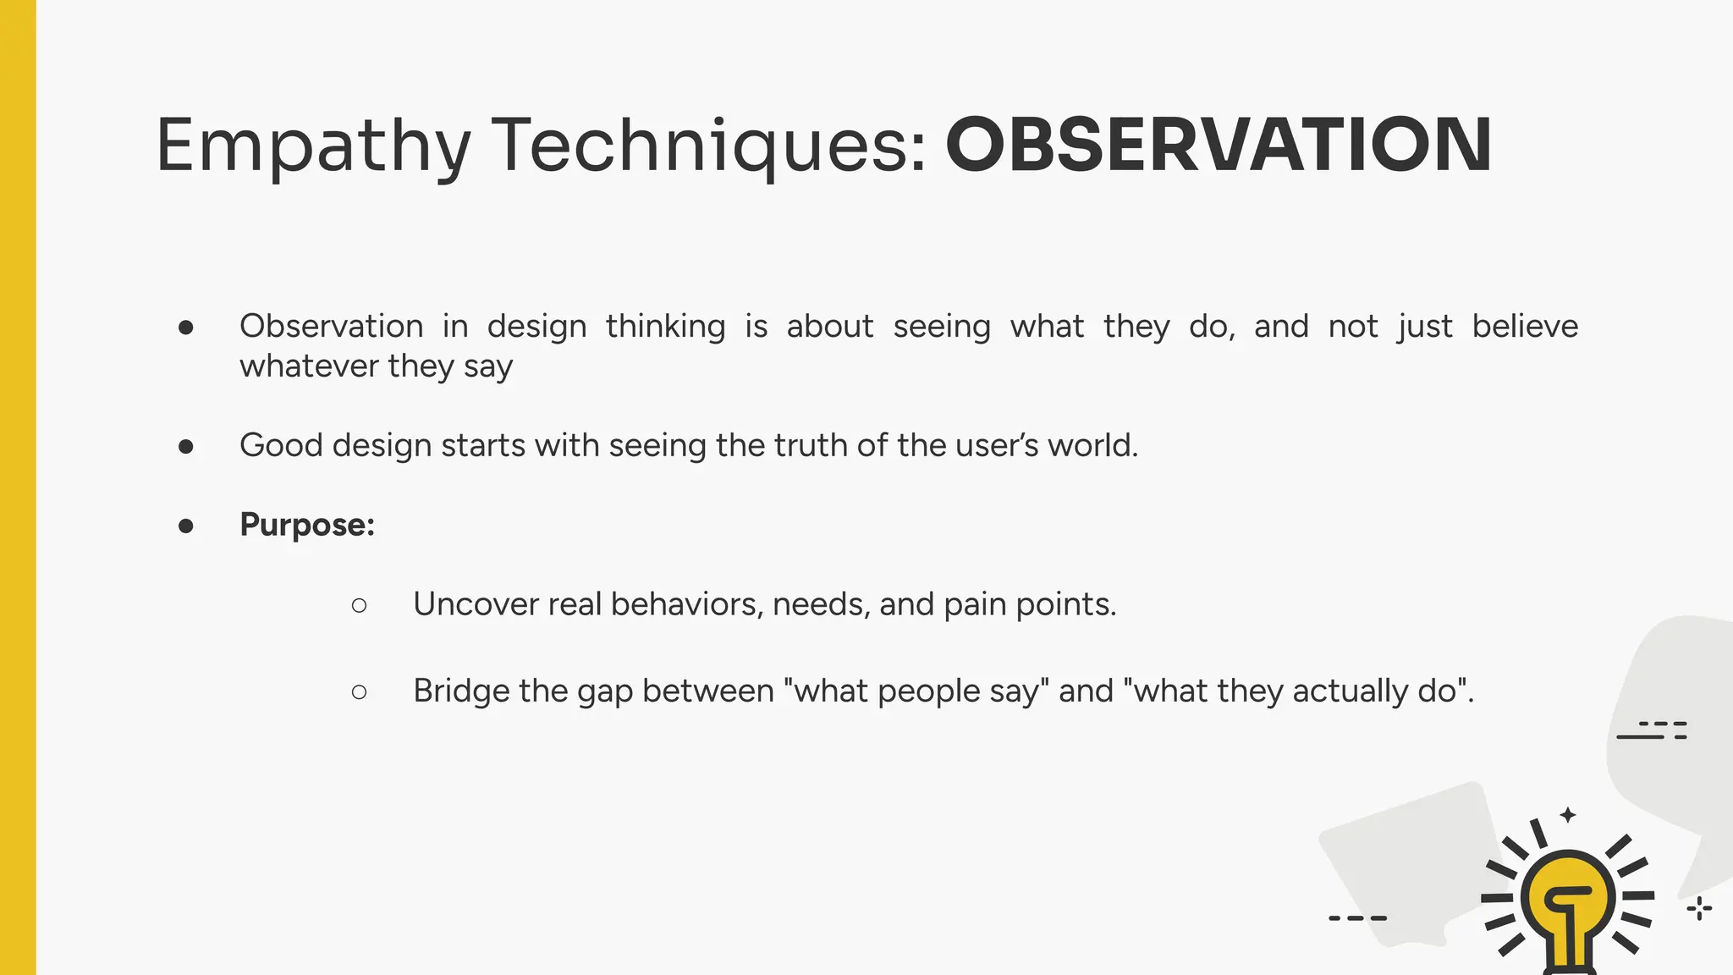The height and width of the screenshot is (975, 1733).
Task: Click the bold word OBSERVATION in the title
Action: (1218, 145)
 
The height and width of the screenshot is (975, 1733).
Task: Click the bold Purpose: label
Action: (307, 525)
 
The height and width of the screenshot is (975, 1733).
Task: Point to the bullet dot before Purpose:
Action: (186, 526)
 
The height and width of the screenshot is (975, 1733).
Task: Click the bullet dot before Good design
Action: (186, 446)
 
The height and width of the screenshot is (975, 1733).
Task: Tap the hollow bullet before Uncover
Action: (359, 605)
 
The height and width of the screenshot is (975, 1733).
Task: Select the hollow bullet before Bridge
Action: (359, 692)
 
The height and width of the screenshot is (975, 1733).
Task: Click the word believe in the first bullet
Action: (1525, 326)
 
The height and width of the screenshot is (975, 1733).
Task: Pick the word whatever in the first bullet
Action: (309, 366)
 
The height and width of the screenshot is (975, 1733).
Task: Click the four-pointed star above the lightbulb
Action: (1568, 815)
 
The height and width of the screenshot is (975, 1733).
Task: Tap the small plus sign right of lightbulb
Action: (1699, 909)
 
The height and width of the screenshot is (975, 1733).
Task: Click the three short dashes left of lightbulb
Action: (1357, 917)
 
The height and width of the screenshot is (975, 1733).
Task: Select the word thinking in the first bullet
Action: (665, 327)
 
